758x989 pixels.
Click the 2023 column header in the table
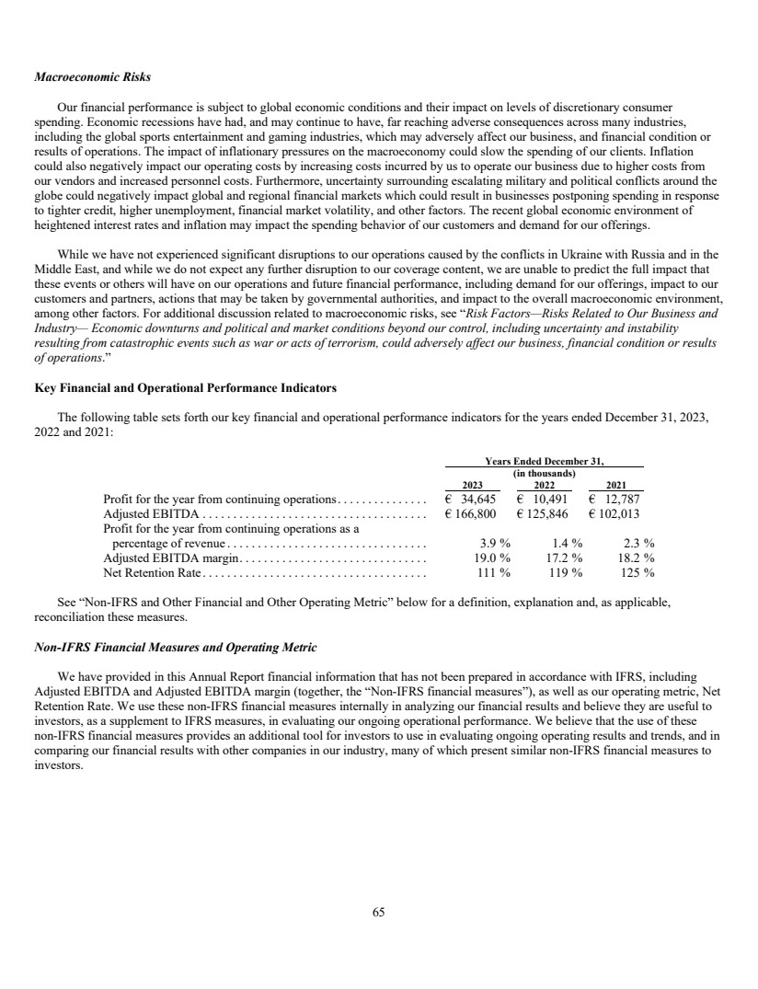click(x=471, y=485)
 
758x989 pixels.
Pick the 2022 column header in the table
click(x=544, y=485)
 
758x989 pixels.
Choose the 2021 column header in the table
click(x=616, y=485)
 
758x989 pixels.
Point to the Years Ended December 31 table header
click(x=544, y=461)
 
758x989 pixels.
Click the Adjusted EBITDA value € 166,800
click(x=471, y=514)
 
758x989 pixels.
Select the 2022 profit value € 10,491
click(x=544, y=500)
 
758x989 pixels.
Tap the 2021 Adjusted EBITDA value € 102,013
click(x=616, y=514)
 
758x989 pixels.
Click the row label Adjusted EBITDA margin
click(x=172, y=558)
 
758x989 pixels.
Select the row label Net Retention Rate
click(x=151, y=572)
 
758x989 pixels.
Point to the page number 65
click(x=378, y=912)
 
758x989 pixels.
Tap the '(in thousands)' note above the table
click(x=544, y=473)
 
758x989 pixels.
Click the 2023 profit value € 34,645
click(x=471, y=500)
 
